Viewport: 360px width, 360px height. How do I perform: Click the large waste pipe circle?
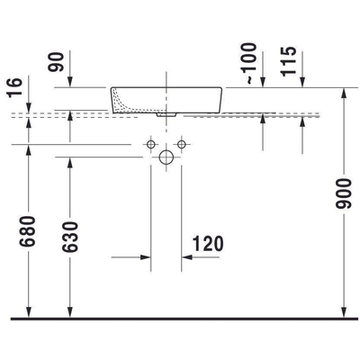(166, 157)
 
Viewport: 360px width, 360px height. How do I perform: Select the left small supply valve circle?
(152, 144)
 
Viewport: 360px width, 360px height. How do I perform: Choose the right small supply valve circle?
(182, 144)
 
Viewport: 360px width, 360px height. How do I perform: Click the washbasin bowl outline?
(167, 99)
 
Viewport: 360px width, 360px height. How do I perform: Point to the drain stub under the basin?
(167, 114)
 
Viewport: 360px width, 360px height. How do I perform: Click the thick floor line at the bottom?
(180, 319)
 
